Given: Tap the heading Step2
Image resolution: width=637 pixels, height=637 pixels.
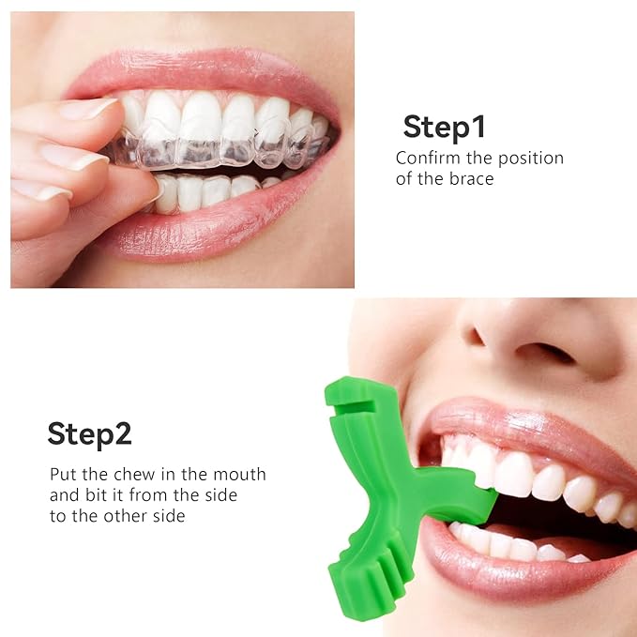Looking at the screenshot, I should click(89, 433).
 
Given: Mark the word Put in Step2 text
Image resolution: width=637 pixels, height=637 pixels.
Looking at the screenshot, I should click(63, 474).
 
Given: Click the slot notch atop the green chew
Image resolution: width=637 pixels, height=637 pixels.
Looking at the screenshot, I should click(342, 398).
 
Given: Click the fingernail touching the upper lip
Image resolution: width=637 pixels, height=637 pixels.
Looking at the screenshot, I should click(89, 110).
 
